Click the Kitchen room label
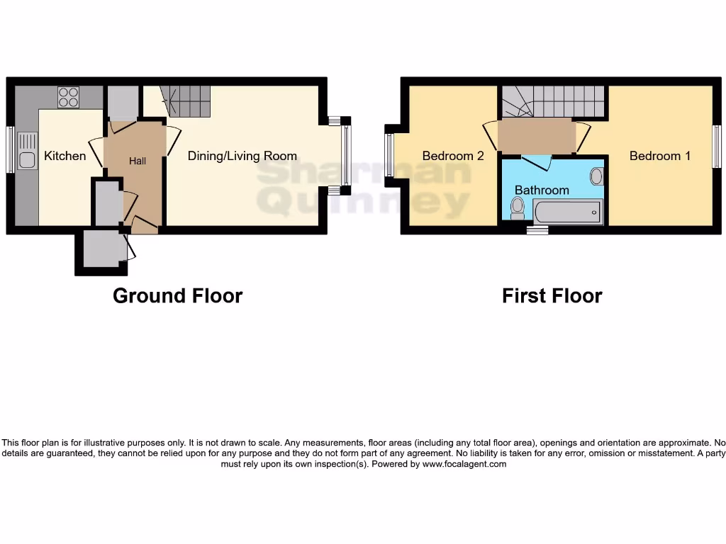(65, 156)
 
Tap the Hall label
(138, 161)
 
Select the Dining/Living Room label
(242, 156)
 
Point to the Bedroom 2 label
(453, 156)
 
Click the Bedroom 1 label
(660, 156)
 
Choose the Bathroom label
(542, 190)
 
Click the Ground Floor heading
(177, 295)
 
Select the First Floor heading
(552, 295)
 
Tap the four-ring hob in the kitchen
(68, 96)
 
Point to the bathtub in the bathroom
(567, 212)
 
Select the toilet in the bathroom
(518, 206)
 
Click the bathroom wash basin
(596, 176)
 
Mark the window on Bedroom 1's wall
(717, 147)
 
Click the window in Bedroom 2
(389, 155)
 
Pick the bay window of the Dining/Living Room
(345, 156)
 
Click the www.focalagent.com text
(465, 465)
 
